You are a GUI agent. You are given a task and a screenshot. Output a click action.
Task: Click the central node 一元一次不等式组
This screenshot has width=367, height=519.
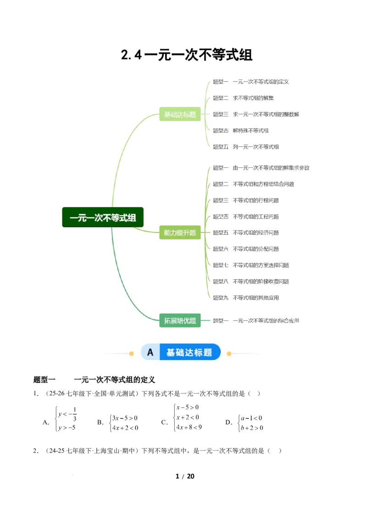[103, 217]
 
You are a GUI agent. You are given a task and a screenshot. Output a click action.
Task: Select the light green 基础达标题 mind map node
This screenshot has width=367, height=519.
[180, 114]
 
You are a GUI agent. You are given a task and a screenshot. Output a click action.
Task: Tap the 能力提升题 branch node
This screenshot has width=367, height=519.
[180, 232]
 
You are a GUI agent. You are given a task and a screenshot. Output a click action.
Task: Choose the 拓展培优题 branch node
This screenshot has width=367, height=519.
[180, 320]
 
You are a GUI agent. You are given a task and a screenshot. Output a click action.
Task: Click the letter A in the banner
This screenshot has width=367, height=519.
[150, 352]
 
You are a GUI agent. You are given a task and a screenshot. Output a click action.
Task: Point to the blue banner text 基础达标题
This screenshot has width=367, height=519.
[189, 352]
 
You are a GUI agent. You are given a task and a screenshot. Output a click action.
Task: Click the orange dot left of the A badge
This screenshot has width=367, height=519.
[131, 353]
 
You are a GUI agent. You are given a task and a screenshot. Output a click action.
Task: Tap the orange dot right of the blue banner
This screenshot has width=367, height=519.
[229, 353]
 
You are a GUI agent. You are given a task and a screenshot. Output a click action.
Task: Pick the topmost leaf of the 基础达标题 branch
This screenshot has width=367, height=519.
[252, 81]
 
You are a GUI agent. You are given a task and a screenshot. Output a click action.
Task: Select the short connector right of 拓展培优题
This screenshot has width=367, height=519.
[207, 320]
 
